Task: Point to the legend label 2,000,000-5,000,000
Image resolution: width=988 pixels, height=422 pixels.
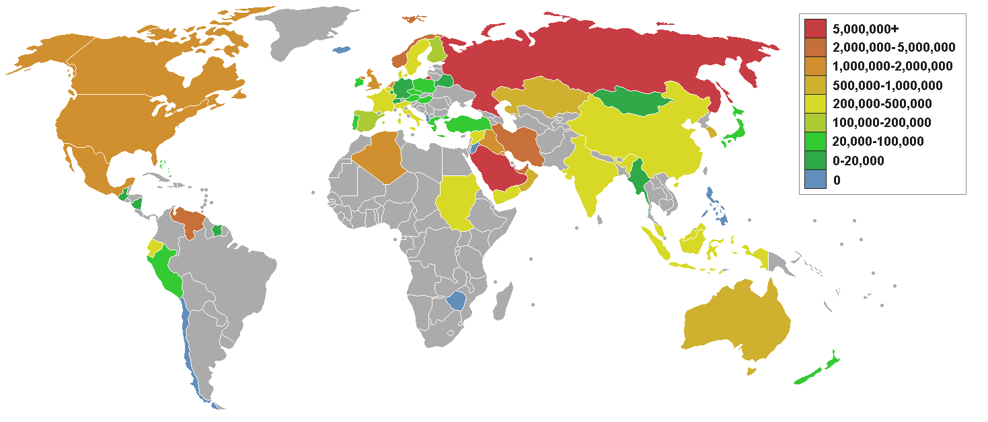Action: click(x=893, y=47)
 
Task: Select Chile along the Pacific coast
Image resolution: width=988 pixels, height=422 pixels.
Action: click(x=190, y=349)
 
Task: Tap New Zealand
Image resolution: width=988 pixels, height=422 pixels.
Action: click(x=817, y=373)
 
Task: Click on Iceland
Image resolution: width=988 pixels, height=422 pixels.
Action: click(x=344, y=49)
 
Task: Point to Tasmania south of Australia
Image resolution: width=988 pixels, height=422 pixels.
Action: click(x=751, y=370)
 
